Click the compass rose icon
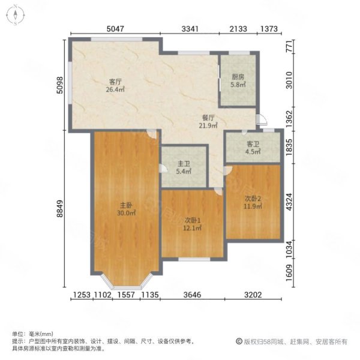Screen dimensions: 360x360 tap(15, 15)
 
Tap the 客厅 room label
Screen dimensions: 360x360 tap(115, 82)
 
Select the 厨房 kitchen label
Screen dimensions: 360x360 tap(238, 77)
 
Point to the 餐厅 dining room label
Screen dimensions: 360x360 tap(208, 118)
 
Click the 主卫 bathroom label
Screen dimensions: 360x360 tap(184, 164)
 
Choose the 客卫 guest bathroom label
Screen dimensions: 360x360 tap(253, 144)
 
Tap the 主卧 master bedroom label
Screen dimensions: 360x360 tap(126, 205)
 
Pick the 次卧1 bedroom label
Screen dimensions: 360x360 tap(193, 220)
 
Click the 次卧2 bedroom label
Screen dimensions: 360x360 tap(253, 199)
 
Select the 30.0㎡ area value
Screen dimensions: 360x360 tap(126, 213)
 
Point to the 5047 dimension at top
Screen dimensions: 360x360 tap(115, 29)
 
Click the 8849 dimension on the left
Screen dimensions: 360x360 tap(60, 209)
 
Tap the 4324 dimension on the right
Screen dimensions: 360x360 tap(289, 202)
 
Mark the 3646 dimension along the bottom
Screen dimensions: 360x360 tap(192, 295)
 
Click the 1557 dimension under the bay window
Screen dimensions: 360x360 tap(126, 295)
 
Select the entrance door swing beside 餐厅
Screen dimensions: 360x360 tap(262, 119)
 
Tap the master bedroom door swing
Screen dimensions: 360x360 tap(152, 134)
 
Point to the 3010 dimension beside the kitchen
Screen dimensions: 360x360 tap(289, 80)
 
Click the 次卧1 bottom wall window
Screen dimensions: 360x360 tap(194, 259)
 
